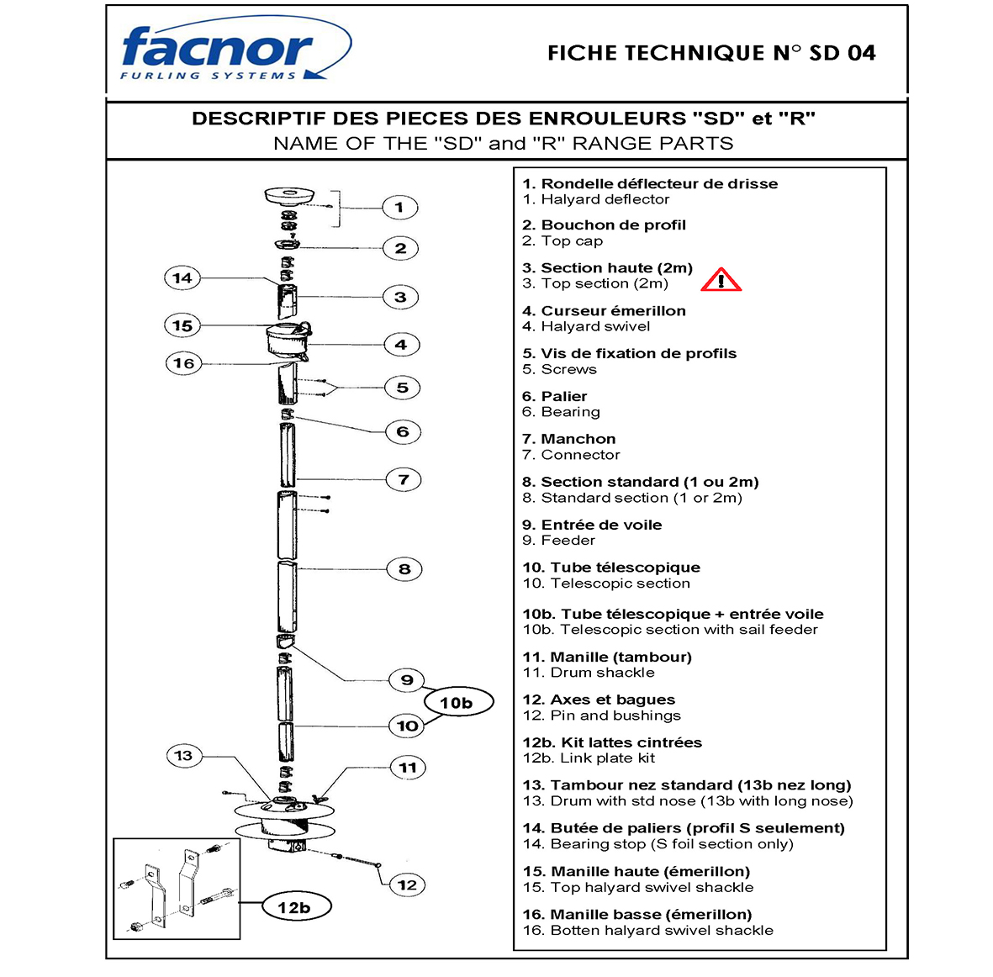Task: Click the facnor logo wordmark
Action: (217, 48)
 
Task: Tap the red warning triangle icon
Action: (721, 280)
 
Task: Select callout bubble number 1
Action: (399, 207)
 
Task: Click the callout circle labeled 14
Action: (182, 278)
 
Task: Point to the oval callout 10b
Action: (456, 703)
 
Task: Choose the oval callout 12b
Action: (293, 907)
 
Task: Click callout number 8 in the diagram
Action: (404, 569)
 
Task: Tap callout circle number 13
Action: (183, 756)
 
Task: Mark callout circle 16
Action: (184, 364)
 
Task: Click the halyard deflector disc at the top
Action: (288, 196)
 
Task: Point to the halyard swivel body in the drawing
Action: (287, 341)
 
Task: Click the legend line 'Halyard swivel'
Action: (595, 327)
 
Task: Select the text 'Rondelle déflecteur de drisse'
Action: (659, 183)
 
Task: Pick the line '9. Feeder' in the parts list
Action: (558, 541)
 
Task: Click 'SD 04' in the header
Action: (842, 53)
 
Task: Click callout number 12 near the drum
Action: (408, 885)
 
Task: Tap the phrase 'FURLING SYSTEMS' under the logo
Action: (208, 76)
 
